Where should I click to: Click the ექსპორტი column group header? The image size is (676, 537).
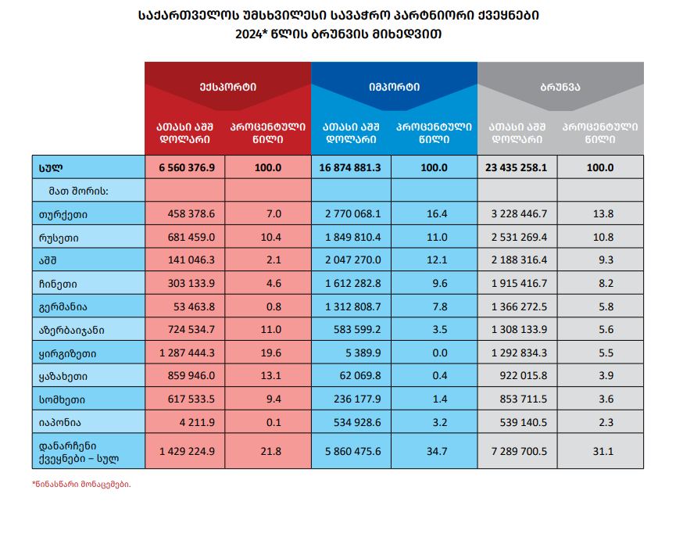click(227, 87)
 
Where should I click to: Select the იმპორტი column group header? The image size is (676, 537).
click(394, 87)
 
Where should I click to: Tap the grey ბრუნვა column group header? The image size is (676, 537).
click(560, 87)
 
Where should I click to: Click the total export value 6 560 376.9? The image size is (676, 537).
click(187, 168)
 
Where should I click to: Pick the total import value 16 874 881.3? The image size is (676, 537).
click(350, 168)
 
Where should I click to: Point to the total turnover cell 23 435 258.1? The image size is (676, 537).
click(516, 168)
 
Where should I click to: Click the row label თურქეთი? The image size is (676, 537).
click(63, 214)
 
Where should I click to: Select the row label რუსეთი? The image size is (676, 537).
click(59, 238)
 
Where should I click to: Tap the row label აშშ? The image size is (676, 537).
click(48, 260)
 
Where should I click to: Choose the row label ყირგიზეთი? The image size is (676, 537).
click(68, 353)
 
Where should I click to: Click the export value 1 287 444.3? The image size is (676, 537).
click(187, 353)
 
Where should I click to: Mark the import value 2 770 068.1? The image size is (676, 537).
click(353, 214)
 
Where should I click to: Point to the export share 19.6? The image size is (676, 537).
click(270, 353)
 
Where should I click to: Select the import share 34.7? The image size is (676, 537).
click(437, 451)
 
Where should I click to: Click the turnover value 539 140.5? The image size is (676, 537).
click(524, 422)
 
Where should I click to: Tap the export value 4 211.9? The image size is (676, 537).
click(197, 422)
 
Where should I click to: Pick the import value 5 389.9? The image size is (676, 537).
click(363, 353)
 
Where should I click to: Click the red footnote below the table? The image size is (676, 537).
click(81, 485)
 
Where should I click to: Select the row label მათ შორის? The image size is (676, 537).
click(78, 191)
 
